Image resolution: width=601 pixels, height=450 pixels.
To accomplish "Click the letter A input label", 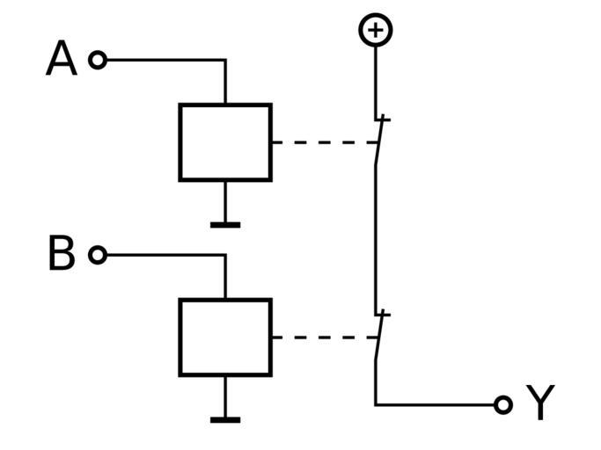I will click(61, 60).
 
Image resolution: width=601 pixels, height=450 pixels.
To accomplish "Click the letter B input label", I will click(61, 255).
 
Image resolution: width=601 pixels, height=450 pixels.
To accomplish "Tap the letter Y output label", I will click(539, 404).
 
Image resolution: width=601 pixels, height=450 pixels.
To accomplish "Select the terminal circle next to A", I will click(98, 60).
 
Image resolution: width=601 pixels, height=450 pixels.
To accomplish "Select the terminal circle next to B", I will click(98, 255).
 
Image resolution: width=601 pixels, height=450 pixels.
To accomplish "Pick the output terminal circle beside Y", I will click(502, 404).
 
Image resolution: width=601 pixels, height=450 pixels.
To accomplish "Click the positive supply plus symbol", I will click(376, 31).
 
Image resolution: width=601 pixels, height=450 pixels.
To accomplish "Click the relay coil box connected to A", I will click(225, 142).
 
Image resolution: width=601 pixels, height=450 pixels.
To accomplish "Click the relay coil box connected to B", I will click(225, 337).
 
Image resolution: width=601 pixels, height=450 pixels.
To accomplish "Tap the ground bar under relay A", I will click(225, 225).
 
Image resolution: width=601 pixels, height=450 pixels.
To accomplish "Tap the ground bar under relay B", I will click(225, 420).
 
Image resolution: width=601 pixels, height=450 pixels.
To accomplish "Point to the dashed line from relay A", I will click(321, 142).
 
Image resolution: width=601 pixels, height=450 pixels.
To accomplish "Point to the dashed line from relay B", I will click(321, 337).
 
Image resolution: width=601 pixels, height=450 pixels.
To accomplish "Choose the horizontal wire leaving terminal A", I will click(163, 60).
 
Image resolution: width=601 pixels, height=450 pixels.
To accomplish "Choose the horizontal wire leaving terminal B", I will click(163, 255).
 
